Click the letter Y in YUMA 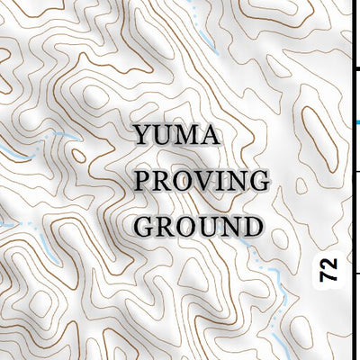click(x=144, y=138)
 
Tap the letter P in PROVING click(x=144, y=180)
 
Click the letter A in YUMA click(x=210, y=138)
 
